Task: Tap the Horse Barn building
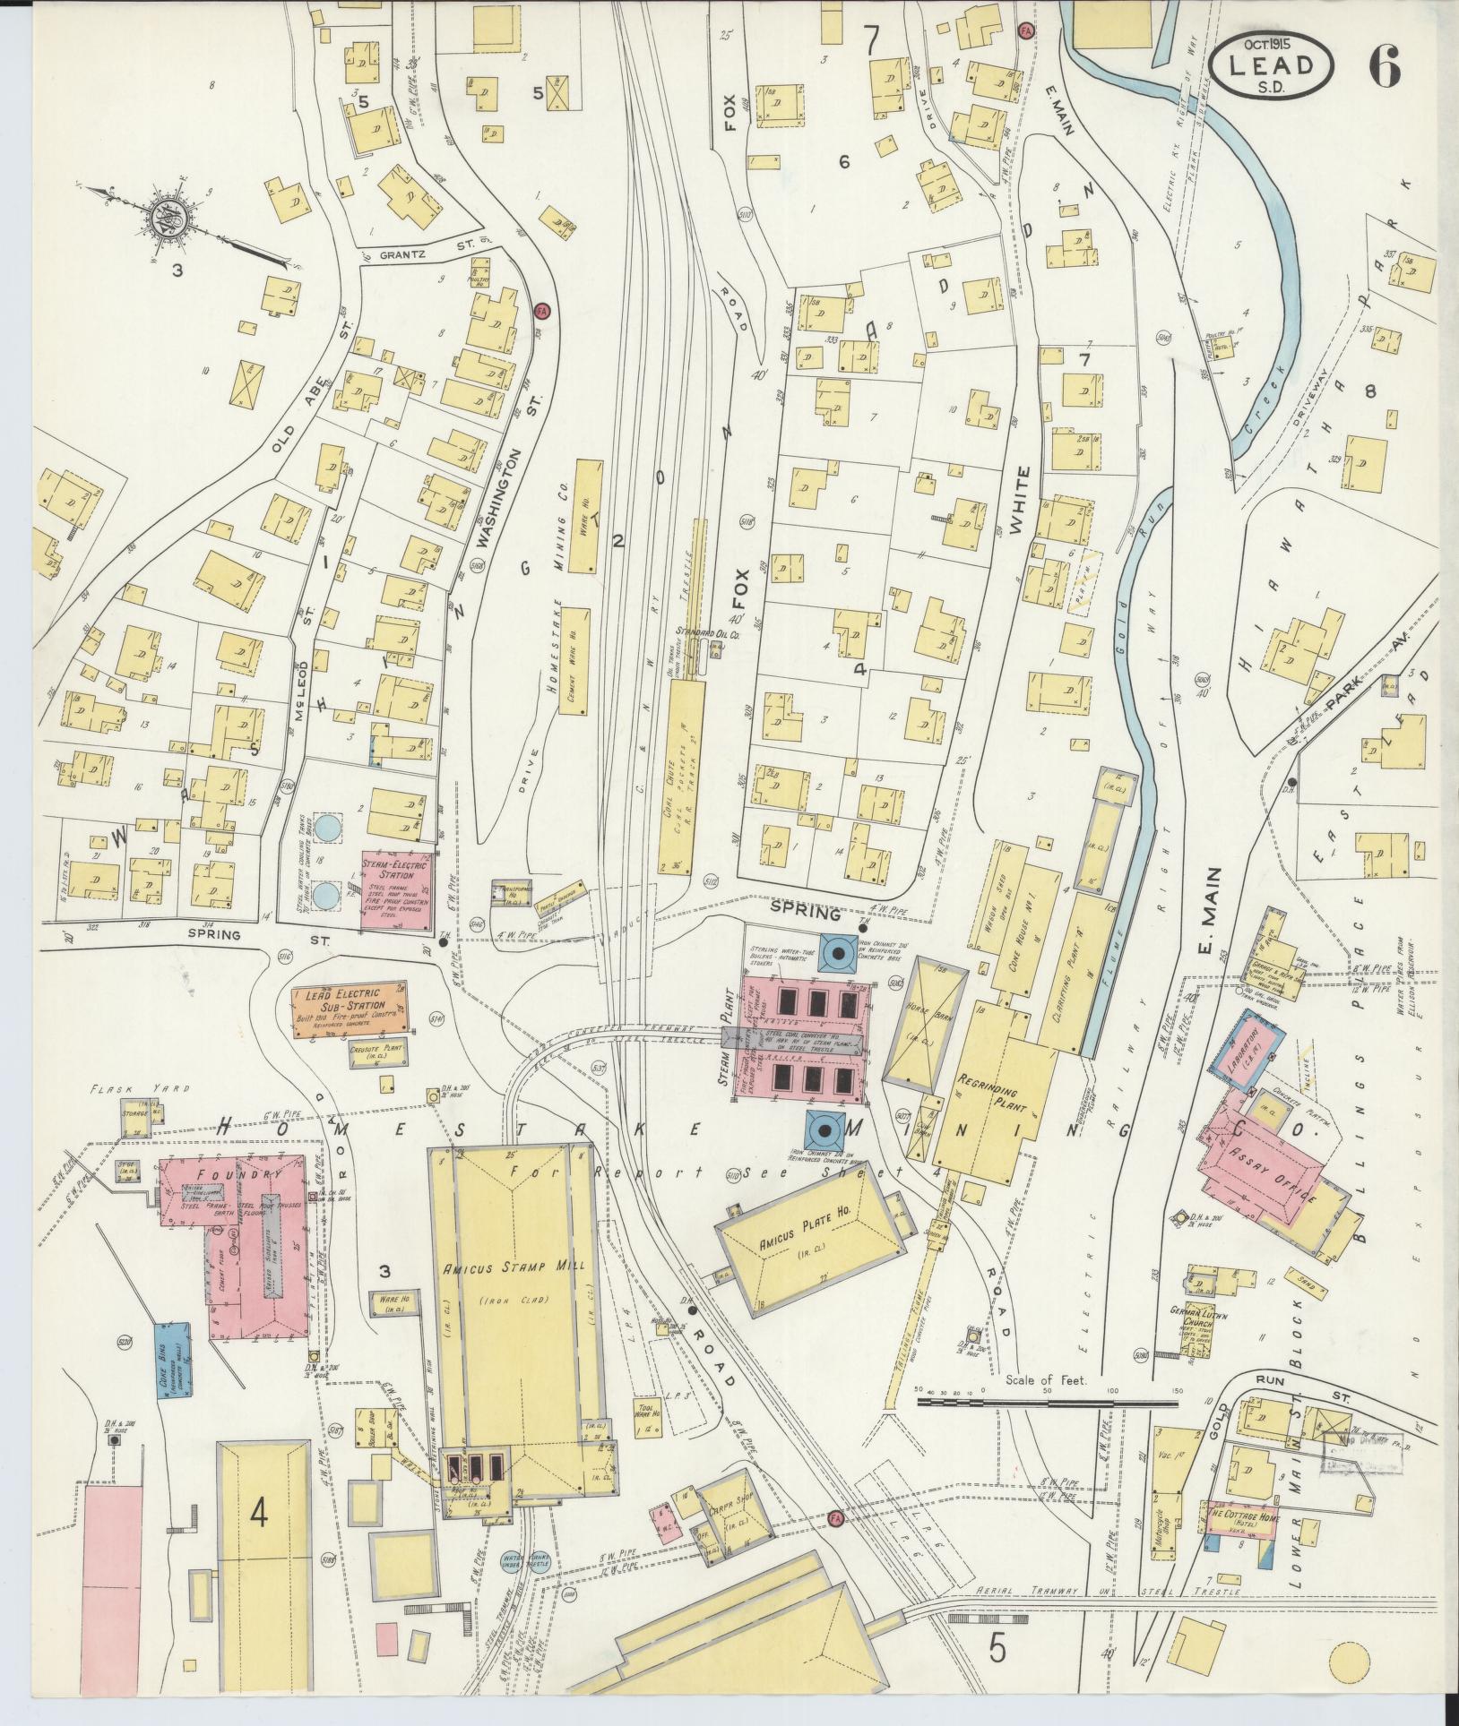coord(926,1022)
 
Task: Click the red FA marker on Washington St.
coord(541,311)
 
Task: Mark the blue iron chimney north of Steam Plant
coord(839,954)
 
